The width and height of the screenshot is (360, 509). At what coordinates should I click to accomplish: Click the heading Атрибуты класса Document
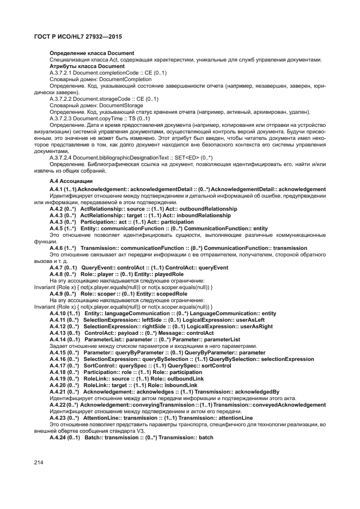tap(80, 66)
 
